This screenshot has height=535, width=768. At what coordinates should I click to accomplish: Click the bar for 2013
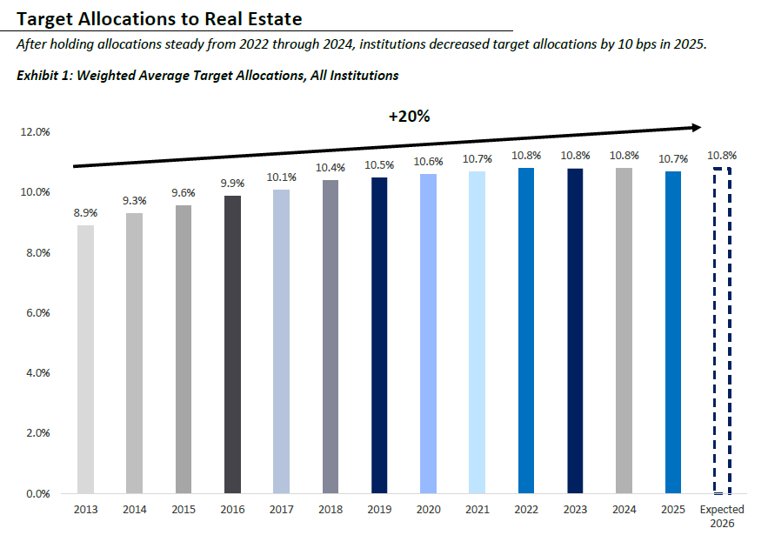[x=85, y=359]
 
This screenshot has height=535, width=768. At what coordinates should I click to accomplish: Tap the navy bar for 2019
[x=379, y=336]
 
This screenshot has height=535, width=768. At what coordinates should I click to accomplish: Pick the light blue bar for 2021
[x=477, y=332]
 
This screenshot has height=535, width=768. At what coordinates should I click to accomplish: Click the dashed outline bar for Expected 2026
[x=722, y=331]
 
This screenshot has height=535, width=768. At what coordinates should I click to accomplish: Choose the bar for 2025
[x=673, y=332]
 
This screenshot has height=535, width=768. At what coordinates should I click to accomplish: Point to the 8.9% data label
[x=85, y=213]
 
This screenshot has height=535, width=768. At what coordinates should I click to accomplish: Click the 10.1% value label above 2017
[x=282, y=177]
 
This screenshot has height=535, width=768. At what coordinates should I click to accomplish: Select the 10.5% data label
[x=379, y=165]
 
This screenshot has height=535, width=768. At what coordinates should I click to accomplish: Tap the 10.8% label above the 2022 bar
[x=526, y=156]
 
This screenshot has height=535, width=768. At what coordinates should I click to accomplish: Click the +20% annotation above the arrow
[x=409, y=116]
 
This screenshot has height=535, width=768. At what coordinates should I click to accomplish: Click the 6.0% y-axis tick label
[x=37, y=313]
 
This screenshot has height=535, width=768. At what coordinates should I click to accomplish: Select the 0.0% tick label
[x=37, y=494]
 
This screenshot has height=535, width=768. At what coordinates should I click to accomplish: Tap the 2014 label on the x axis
[x=135, y=510]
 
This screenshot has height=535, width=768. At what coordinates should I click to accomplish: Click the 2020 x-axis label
[x=428, y=510]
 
